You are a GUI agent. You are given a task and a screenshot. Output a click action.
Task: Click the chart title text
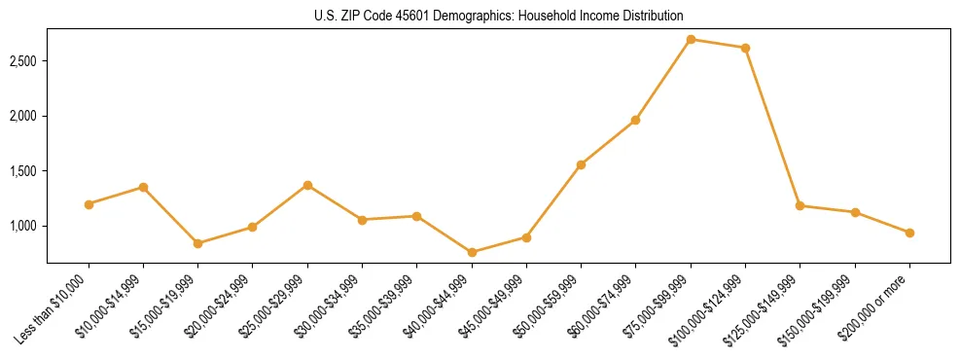coord(498,16)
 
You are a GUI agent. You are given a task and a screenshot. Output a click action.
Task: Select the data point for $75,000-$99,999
coord(691,39)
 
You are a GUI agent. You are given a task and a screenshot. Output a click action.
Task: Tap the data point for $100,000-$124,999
coord(745,48)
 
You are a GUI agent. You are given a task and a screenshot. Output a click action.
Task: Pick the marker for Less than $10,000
coord(89,204)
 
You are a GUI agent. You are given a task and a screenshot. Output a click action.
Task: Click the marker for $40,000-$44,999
coord(472,252)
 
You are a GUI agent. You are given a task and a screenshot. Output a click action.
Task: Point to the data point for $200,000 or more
coord(909,233)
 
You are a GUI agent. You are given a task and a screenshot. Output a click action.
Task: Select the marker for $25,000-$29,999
coord(307,185)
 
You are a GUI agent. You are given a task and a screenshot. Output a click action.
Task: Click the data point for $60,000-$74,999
coord(635,120)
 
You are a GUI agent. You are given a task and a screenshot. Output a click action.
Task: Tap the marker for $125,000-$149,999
coord(800,205)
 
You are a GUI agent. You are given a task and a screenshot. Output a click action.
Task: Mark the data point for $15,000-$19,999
coord(197,243)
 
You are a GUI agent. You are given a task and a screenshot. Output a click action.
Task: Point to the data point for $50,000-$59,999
coord(581,164)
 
